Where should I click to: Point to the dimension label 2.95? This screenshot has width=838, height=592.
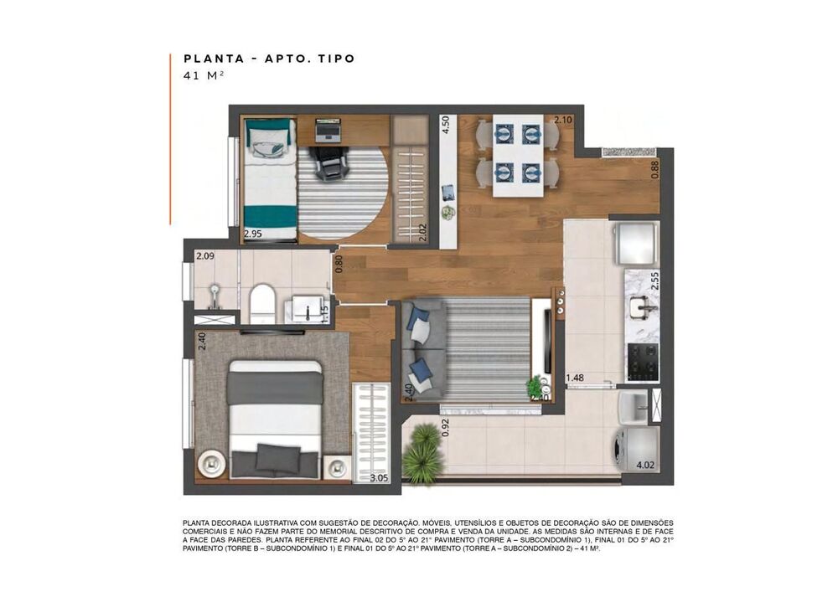click(x=252, y=234)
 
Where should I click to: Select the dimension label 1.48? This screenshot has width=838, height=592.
click(x=575, y=378)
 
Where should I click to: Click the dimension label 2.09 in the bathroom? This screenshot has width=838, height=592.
click(x=204, y=256)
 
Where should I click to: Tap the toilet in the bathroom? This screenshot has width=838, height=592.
click(x=262, y=302)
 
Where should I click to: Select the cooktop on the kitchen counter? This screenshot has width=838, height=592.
click(x=642, y=361)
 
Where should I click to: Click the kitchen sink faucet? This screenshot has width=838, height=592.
click(x=647, y=309)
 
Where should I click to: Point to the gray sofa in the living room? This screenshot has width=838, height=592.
click(x=421, y=348)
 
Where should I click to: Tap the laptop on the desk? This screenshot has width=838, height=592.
click(x=328, y=131)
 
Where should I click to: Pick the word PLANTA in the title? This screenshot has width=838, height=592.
click(x=209, y=59)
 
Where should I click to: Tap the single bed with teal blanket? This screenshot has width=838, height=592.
click(x=270, y=179)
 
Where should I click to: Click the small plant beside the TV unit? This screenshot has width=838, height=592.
click(x=534, y=386)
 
